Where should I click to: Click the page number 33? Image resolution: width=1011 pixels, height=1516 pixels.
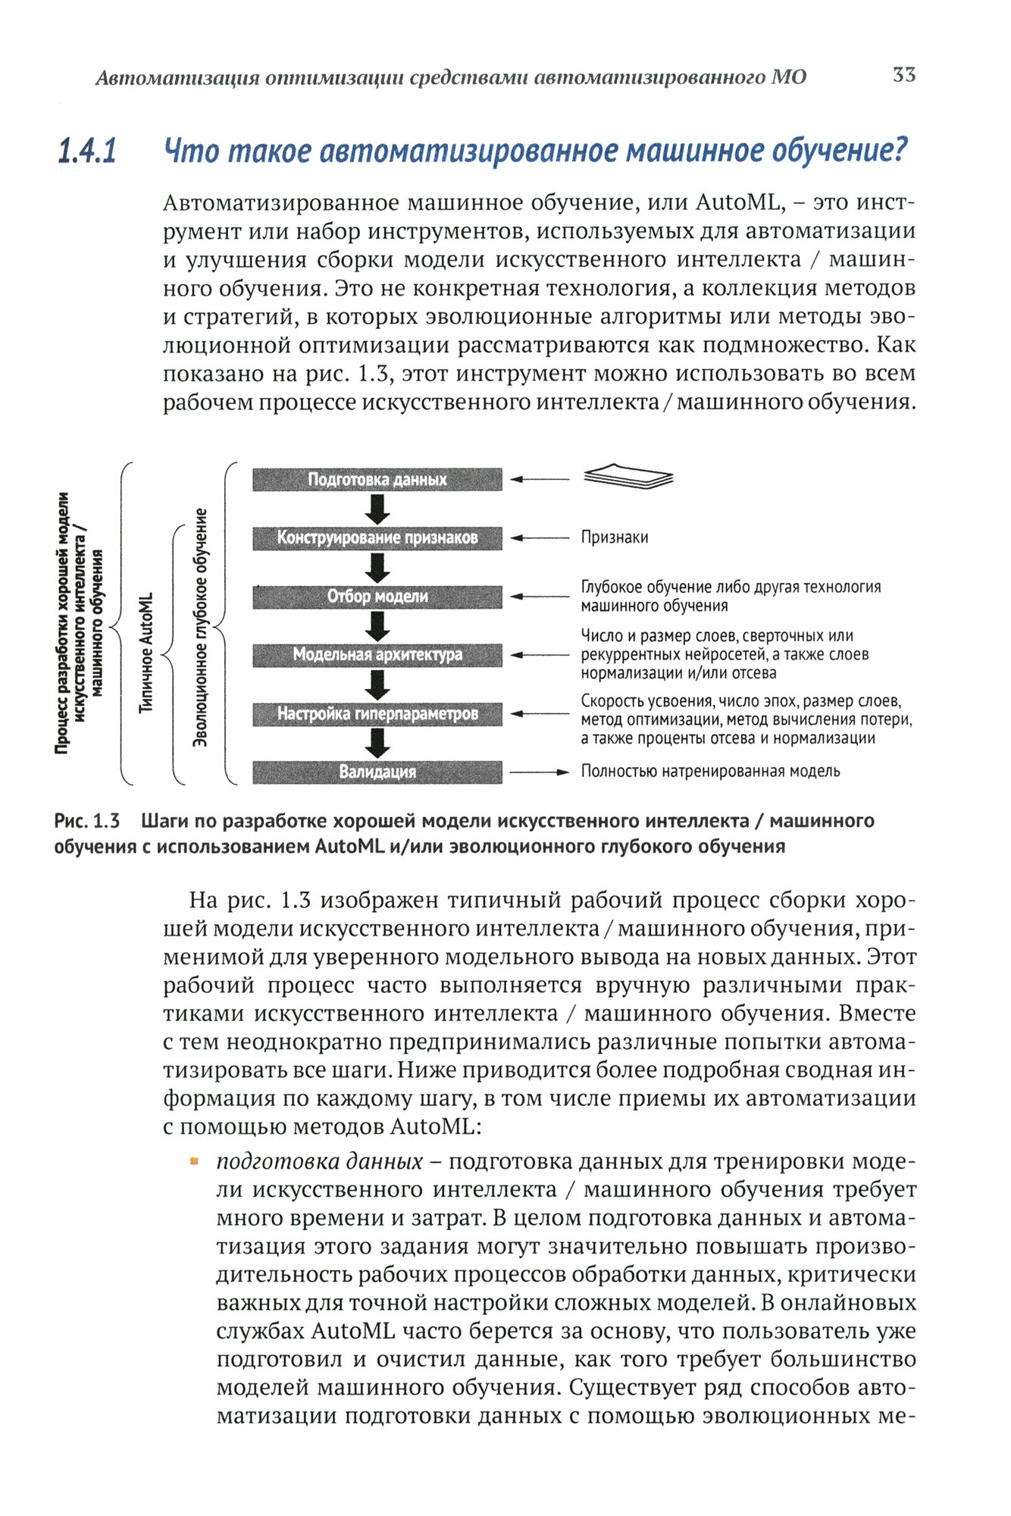point(903,75)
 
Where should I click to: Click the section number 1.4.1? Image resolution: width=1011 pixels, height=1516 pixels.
point(87,152)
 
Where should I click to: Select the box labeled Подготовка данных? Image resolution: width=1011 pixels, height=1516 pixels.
point(377,479)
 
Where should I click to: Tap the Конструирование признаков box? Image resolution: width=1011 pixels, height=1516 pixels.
point(377,537)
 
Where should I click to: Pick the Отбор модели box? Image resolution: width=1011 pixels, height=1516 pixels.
point(377,597)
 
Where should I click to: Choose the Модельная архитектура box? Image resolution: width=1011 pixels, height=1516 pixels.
point(377,655)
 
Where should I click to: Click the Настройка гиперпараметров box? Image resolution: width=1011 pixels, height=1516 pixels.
point(377,713)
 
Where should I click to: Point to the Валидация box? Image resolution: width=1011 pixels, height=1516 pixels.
point(377,772)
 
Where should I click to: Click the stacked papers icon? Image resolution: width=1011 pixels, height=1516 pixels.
point(628,477)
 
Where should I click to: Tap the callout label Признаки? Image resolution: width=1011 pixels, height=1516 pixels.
point(614,537)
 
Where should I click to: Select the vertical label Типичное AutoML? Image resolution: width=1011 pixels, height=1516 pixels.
point(146,652)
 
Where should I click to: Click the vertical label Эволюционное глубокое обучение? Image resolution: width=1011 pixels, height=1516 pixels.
point(200,628)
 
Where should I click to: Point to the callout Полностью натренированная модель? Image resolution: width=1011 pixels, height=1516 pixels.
point(710,772)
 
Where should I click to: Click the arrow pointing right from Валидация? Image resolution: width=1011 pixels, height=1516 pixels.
point(539,772)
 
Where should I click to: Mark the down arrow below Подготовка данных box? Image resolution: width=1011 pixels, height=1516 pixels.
point(377,509)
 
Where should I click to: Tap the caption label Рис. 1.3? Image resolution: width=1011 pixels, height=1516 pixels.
point(86,821)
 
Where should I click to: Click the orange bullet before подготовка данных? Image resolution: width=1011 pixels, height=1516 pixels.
point(194,1160)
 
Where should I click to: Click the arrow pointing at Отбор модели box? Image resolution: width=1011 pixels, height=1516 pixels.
point(539,597)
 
